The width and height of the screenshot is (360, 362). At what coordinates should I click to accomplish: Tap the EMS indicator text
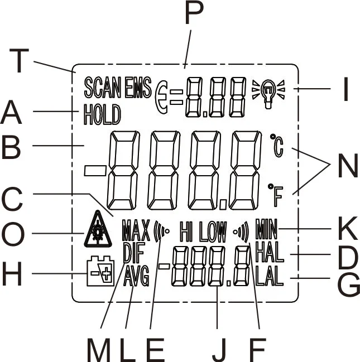137,88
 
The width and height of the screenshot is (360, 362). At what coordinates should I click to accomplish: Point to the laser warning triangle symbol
98,229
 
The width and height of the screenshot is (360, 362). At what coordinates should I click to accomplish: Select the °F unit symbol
276,192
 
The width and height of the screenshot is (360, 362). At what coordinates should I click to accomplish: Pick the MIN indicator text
268,229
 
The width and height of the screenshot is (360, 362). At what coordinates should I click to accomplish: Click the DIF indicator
133,253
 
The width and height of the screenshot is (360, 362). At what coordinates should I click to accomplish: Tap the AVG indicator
137,276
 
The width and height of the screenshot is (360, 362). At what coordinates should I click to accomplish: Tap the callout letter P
191,15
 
